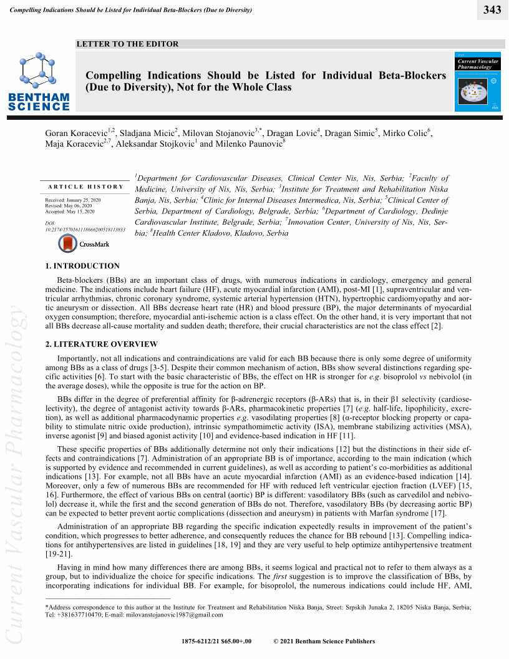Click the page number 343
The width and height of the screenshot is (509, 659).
(x=492, y=9)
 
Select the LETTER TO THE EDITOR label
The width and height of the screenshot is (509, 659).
(x=127, y=44)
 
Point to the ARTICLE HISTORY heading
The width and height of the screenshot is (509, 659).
(x=86, y=187)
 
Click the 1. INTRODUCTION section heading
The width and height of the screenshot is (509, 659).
(x=82, y=266)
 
